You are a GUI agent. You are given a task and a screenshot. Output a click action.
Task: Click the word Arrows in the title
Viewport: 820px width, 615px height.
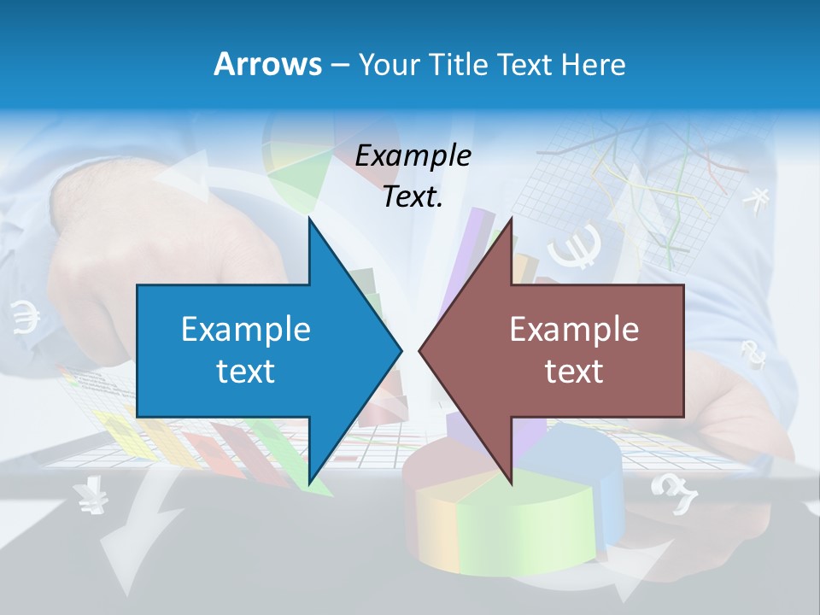[267, 64]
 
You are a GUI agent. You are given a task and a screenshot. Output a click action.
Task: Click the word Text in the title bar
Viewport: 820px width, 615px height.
[526, 65]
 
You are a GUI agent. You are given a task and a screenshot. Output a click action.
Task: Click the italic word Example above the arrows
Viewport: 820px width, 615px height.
[413, 155]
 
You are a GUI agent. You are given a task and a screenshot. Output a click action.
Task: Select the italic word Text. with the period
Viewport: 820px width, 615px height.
[413, 196]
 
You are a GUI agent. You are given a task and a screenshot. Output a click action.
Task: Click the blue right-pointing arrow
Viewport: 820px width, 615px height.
[256, 350]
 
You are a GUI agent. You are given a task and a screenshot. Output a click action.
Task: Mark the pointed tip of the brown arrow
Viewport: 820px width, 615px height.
[422, 350]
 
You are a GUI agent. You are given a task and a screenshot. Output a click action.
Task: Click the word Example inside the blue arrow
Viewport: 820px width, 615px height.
[246, 330]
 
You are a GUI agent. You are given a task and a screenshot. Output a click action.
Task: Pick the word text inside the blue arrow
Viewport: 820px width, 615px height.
[246, 371]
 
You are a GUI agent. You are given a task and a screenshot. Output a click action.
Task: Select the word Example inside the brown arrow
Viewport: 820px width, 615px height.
[574, 330]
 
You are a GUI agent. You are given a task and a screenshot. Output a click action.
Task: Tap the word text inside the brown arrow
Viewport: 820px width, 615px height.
[574, 371]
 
